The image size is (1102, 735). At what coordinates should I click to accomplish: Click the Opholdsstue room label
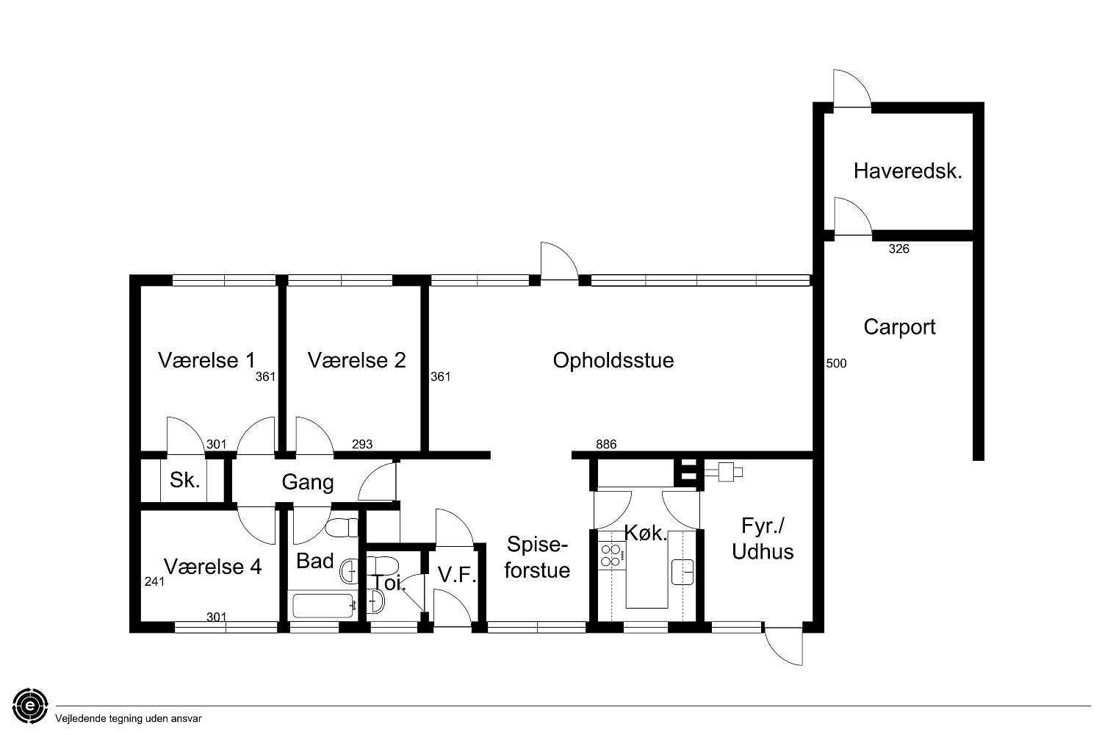point(613,361)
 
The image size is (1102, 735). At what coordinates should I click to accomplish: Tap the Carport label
point(899,327)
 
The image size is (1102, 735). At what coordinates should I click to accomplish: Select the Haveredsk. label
point(907,171)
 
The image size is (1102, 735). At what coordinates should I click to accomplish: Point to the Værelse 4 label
point(212,567)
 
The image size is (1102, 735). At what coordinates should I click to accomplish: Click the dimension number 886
point(606,445)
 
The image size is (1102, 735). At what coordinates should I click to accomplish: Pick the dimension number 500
point(836,364)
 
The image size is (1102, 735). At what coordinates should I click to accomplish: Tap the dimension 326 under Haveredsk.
point(898,249)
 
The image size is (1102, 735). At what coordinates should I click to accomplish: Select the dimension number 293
point(362,445)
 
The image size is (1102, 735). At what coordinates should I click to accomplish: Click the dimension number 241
point(154,582)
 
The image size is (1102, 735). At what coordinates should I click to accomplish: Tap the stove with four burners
point(611,556)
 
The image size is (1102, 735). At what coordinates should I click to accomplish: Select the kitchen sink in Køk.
point(683,572)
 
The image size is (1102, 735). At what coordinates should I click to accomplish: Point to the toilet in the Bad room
point(342,527)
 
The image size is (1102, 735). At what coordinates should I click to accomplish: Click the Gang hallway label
point(308,482)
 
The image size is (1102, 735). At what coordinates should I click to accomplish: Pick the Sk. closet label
point(185,480)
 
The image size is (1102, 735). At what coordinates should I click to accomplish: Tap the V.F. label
point(457,575)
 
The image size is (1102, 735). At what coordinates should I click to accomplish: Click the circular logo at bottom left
point(31,706)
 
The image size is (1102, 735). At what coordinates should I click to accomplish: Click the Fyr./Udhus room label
point(763,539)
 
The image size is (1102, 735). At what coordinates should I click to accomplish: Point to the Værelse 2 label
point(356,361)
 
